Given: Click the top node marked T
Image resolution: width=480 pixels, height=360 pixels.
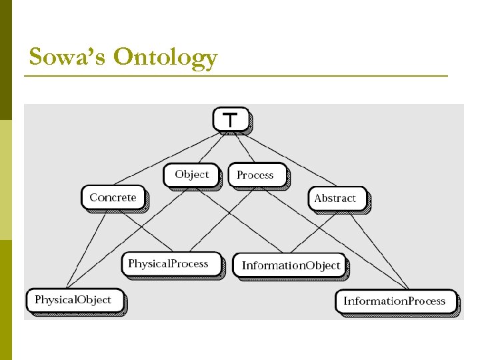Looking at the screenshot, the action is (x=231, y=119).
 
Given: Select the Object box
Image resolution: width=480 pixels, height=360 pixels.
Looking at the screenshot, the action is (x=191, y=175).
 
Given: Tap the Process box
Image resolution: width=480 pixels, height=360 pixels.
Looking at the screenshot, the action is (x=257, y=175).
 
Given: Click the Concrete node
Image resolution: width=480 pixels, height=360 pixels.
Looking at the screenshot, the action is (x=113, y=197).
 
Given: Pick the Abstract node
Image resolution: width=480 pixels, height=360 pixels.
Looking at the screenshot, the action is (x=337, y=198).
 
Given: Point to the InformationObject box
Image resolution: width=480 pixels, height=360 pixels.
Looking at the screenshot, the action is (x=290, y=265).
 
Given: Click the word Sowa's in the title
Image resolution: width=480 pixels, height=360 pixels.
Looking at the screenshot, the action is (x=66, y=57).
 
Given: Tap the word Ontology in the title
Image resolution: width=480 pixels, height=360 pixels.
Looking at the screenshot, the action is (x=165, y=59).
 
